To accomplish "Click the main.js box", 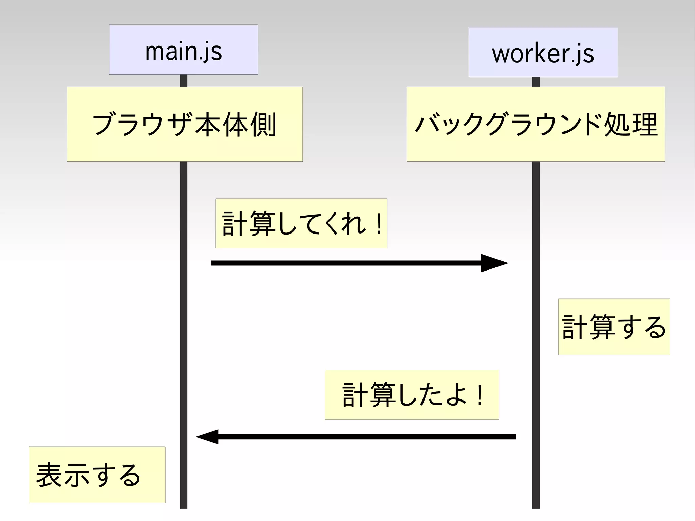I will (183, 50).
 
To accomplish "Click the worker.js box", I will (543, 52).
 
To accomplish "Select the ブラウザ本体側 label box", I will (185, 124).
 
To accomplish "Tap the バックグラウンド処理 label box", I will (536, 124).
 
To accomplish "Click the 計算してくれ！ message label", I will (301, 223).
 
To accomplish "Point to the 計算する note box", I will (614, 327).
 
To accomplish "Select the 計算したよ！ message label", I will (411, 394).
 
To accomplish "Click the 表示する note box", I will (97, 475).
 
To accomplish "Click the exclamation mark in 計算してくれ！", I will (379, 224).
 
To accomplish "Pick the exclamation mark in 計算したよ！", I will (480, 395).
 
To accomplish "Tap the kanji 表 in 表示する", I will (49, 475).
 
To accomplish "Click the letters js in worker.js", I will (583, 54).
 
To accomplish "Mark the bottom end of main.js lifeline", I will (184, 507).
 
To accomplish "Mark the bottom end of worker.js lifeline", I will (536, 507).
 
